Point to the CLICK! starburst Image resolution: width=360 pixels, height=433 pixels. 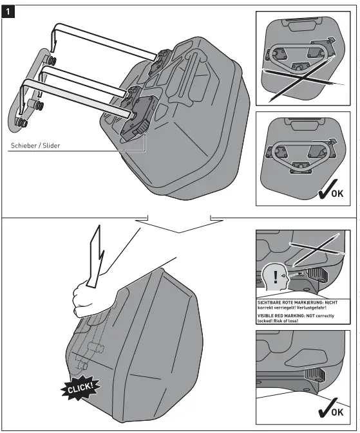(81, 386)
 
